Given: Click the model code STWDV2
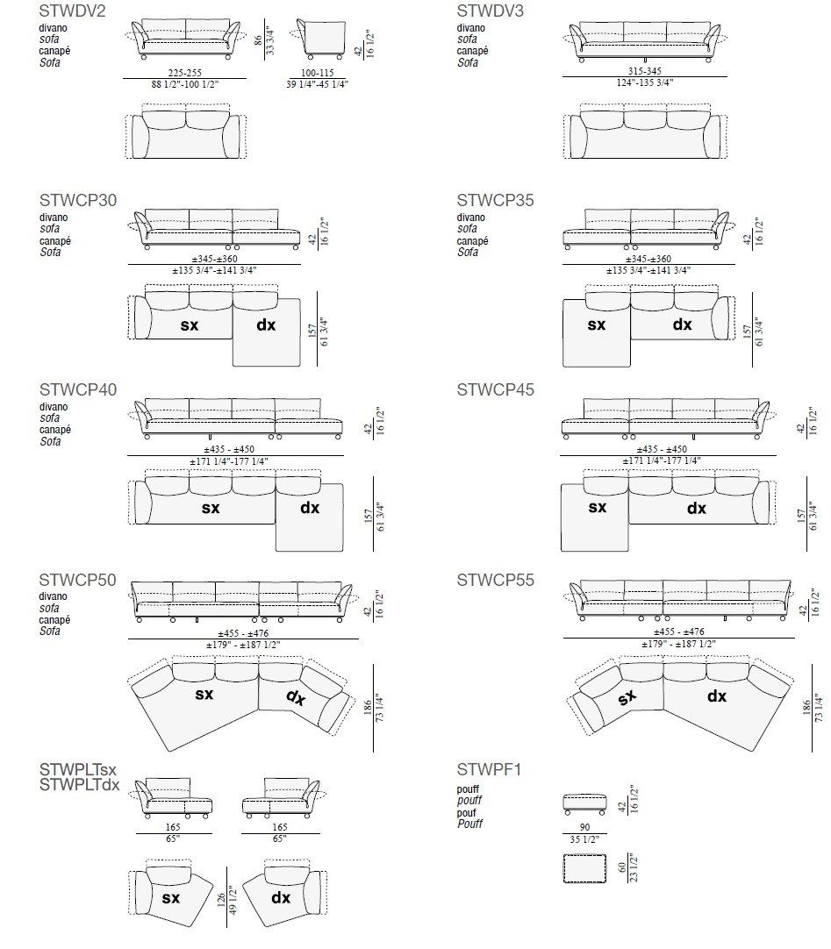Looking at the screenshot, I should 73,11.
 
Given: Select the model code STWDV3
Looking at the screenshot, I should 490,11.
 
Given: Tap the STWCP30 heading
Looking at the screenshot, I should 77,200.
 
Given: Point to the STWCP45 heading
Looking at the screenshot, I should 495,389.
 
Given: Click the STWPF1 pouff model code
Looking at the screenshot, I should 489,770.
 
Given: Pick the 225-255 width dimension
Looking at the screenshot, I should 185,74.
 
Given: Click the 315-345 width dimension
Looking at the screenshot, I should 644,72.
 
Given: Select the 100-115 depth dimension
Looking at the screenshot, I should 318,74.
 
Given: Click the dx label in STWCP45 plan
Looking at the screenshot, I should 696,508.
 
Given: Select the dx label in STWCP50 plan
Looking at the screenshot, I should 296,697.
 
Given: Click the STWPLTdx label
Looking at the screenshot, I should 79,785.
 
